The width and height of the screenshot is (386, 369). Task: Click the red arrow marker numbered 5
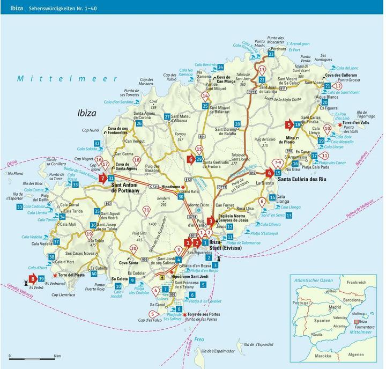coord(289,126)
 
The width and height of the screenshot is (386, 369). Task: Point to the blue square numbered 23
coord(271,54)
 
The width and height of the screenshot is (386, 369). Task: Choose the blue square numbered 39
coord(41,278)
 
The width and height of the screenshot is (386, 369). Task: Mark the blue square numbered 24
coord(220,67)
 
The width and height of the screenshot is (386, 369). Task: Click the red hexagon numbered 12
coord(338,85)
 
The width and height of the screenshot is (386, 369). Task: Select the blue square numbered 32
coord(96,143)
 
